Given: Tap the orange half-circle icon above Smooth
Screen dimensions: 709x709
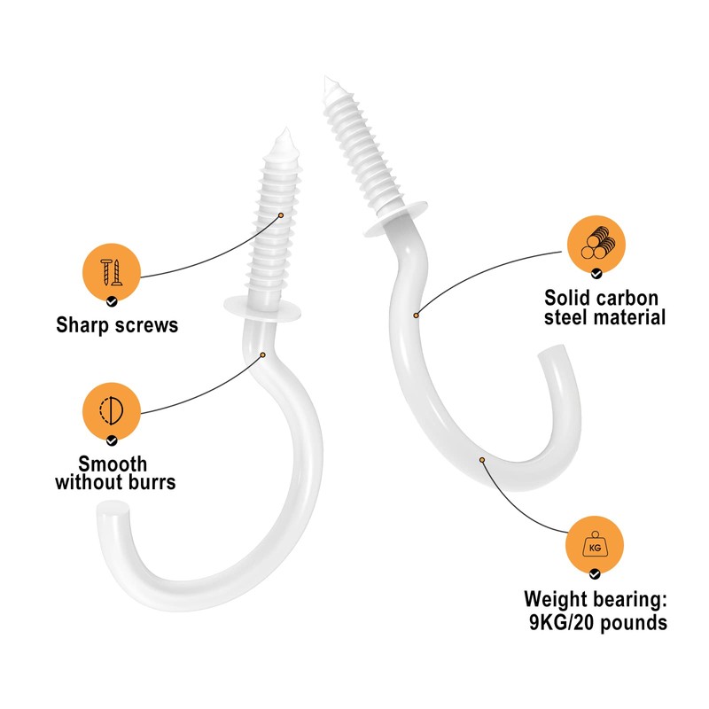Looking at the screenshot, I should [111, 409].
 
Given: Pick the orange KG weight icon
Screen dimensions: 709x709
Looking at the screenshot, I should [596, 548].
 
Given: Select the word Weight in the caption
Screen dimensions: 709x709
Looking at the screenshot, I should [566, 598].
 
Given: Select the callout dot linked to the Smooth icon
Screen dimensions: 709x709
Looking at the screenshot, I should [262, 355].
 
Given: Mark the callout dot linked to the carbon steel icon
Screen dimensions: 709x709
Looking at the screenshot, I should [416, 314].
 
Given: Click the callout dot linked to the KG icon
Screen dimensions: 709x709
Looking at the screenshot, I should [482, 459].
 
